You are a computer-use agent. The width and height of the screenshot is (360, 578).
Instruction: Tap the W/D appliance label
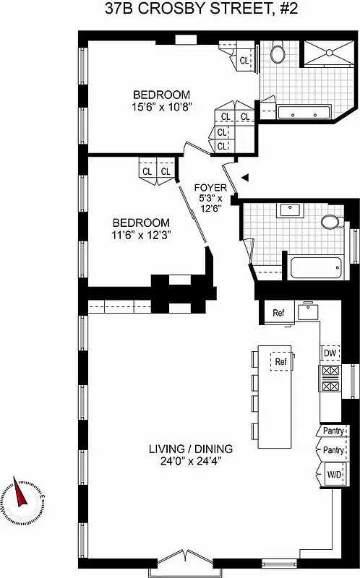coord(333,475)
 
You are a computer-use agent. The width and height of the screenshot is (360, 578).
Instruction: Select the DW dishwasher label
coord(330,353)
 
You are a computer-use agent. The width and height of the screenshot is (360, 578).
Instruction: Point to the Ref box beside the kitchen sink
coord(278,313)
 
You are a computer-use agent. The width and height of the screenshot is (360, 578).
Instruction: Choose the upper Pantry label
coord(333,431)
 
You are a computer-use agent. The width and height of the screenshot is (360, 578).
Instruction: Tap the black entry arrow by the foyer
coord(245,177)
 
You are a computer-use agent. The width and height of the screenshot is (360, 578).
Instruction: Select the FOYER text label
coord(211,188)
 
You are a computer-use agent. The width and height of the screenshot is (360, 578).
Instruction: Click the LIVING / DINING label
coord(180,448)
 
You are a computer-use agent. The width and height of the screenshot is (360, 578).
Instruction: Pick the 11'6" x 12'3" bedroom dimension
coord(141,236)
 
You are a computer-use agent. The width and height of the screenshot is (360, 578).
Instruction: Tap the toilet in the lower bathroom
coord(333,221)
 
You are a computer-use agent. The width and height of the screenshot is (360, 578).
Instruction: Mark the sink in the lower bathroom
coord(291,210)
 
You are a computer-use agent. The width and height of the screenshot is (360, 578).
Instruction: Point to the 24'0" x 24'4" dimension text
coord(180,461)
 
